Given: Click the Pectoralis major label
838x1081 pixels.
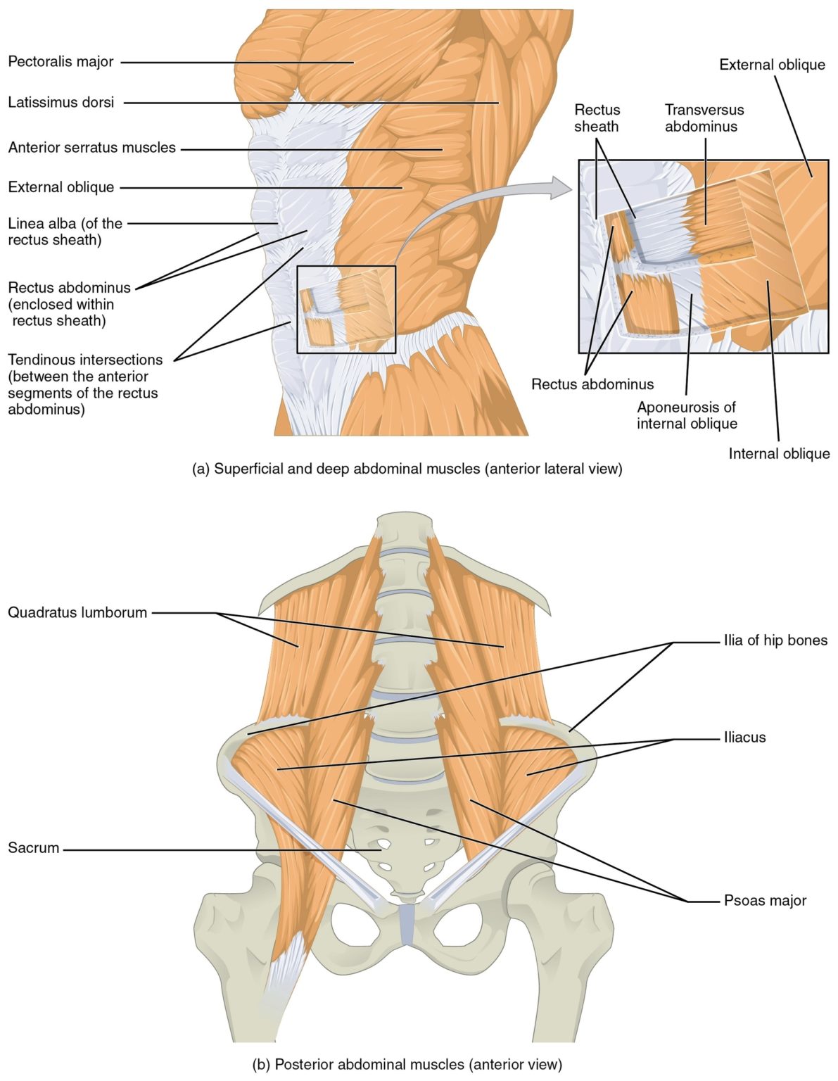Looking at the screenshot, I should pos(61,62).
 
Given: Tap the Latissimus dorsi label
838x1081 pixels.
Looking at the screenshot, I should pos(61,103).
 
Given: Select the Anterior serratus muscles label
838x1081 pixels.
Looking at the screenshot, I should pos(91,148).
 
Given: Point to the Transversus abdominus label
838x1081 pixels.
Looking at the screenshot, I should pos(704,118).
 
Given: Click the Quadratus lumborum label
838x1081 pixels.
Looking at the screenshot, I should pos(77,612).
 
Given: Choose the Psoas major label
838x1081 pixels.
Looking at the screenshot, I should pos(765,900).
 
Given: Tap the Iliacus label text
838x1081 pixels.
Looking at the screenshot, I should pos(744,738).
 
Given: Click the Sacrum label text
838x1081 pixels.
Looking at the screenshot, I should pos(33,848).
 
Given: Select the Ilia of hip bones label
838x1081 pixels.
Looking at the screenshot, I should pos(775,640).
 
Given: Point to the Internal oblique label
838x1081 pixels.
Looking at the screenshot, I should pos(779,454).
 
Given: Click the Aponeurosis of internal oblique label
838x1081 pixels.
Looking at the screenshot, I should pos(687,415).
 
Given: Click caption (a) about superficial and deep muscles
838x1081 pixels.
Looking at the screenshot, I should pos(407,469).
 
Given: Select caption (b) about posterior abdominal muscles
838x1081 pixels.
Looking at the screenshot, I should pos(407,1064).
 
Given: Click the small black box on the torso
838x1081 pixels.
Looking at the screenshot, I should pos(346,309).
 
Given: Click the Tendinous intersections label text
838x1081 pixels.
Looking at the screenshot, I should pos(84,384).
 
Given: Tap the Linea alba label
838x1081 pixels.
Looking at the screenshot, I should pos(65,232).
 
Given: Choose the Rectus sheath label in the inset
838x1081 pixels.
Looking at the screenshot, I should pos(597,118).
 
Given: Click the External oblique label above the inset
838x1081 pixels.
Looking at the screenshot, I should pos(772,65).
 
